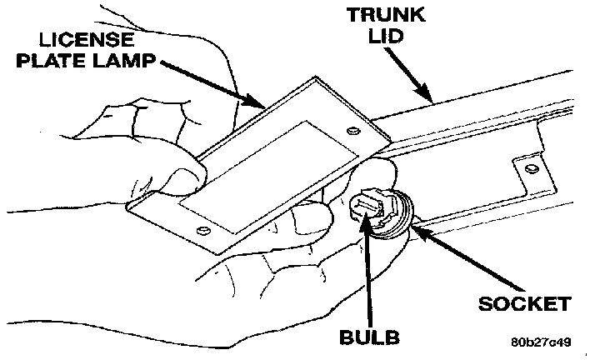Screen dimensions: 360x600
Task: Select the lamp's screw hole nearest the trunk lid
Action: coord(352,130)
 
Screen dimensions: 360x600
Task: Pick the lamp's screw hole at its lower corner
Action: coord(200,229)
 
